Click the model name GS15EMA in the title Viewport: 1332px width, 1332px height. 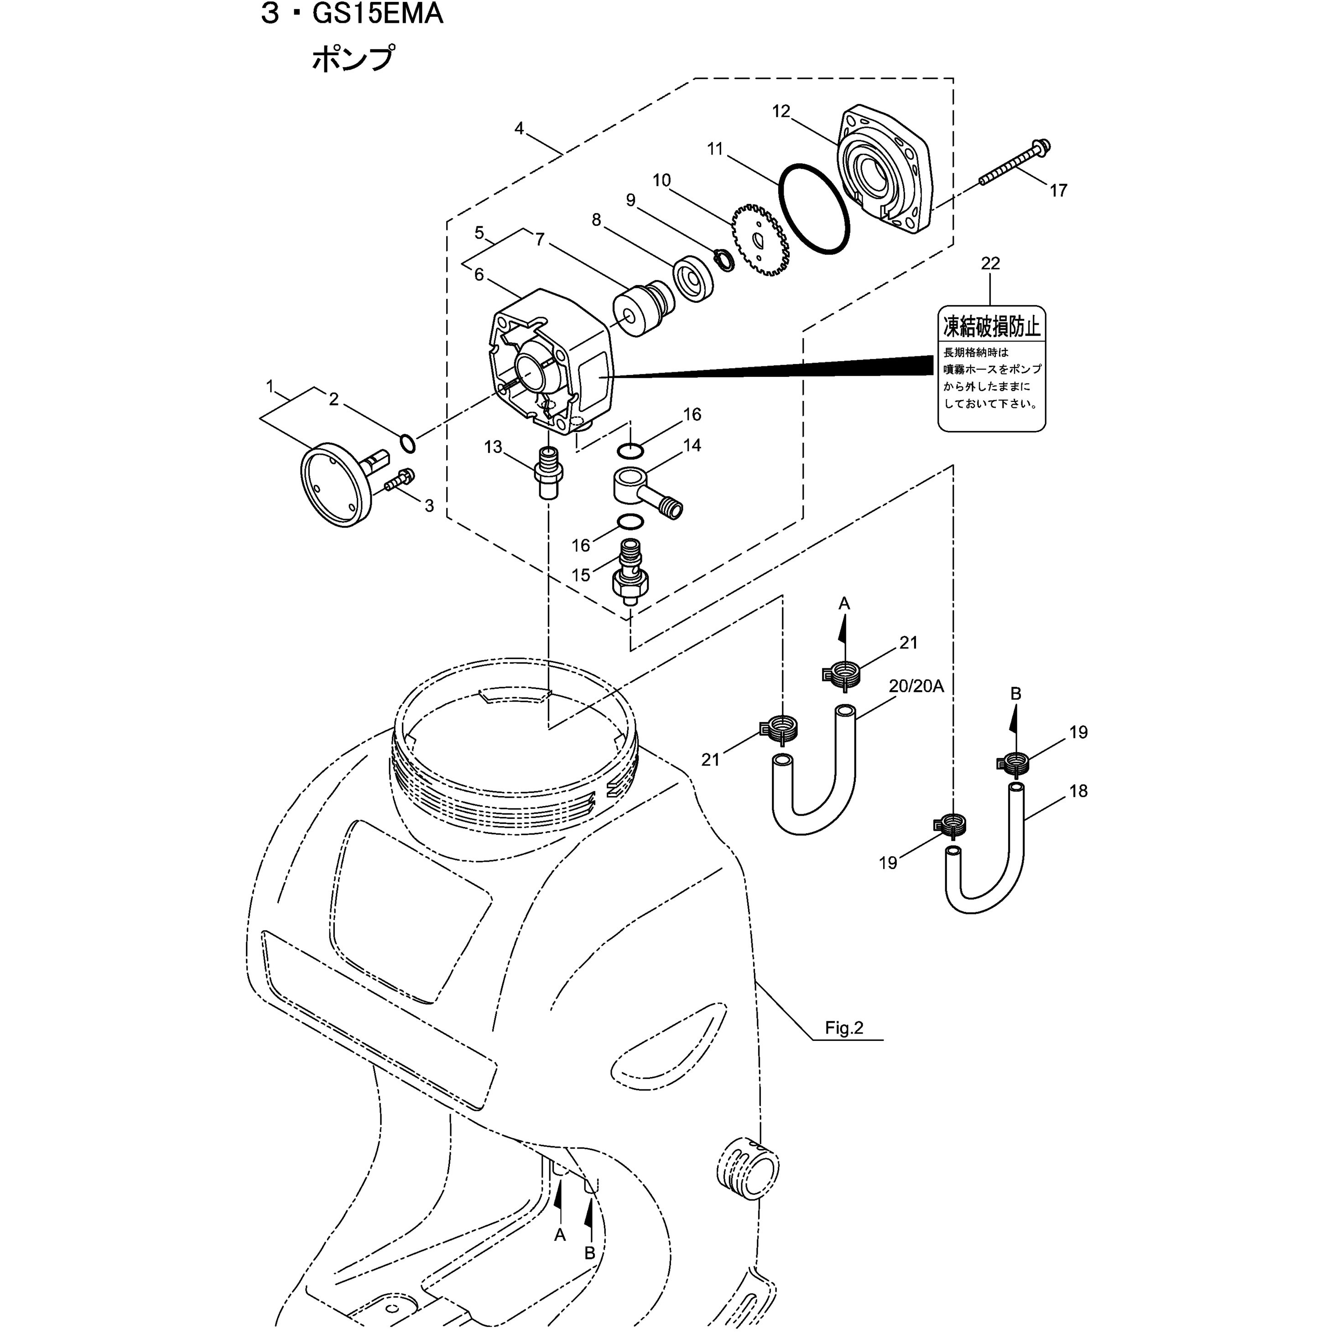pos(377,14)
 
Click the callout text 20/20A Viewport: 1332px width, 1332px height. pos(916,686)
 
